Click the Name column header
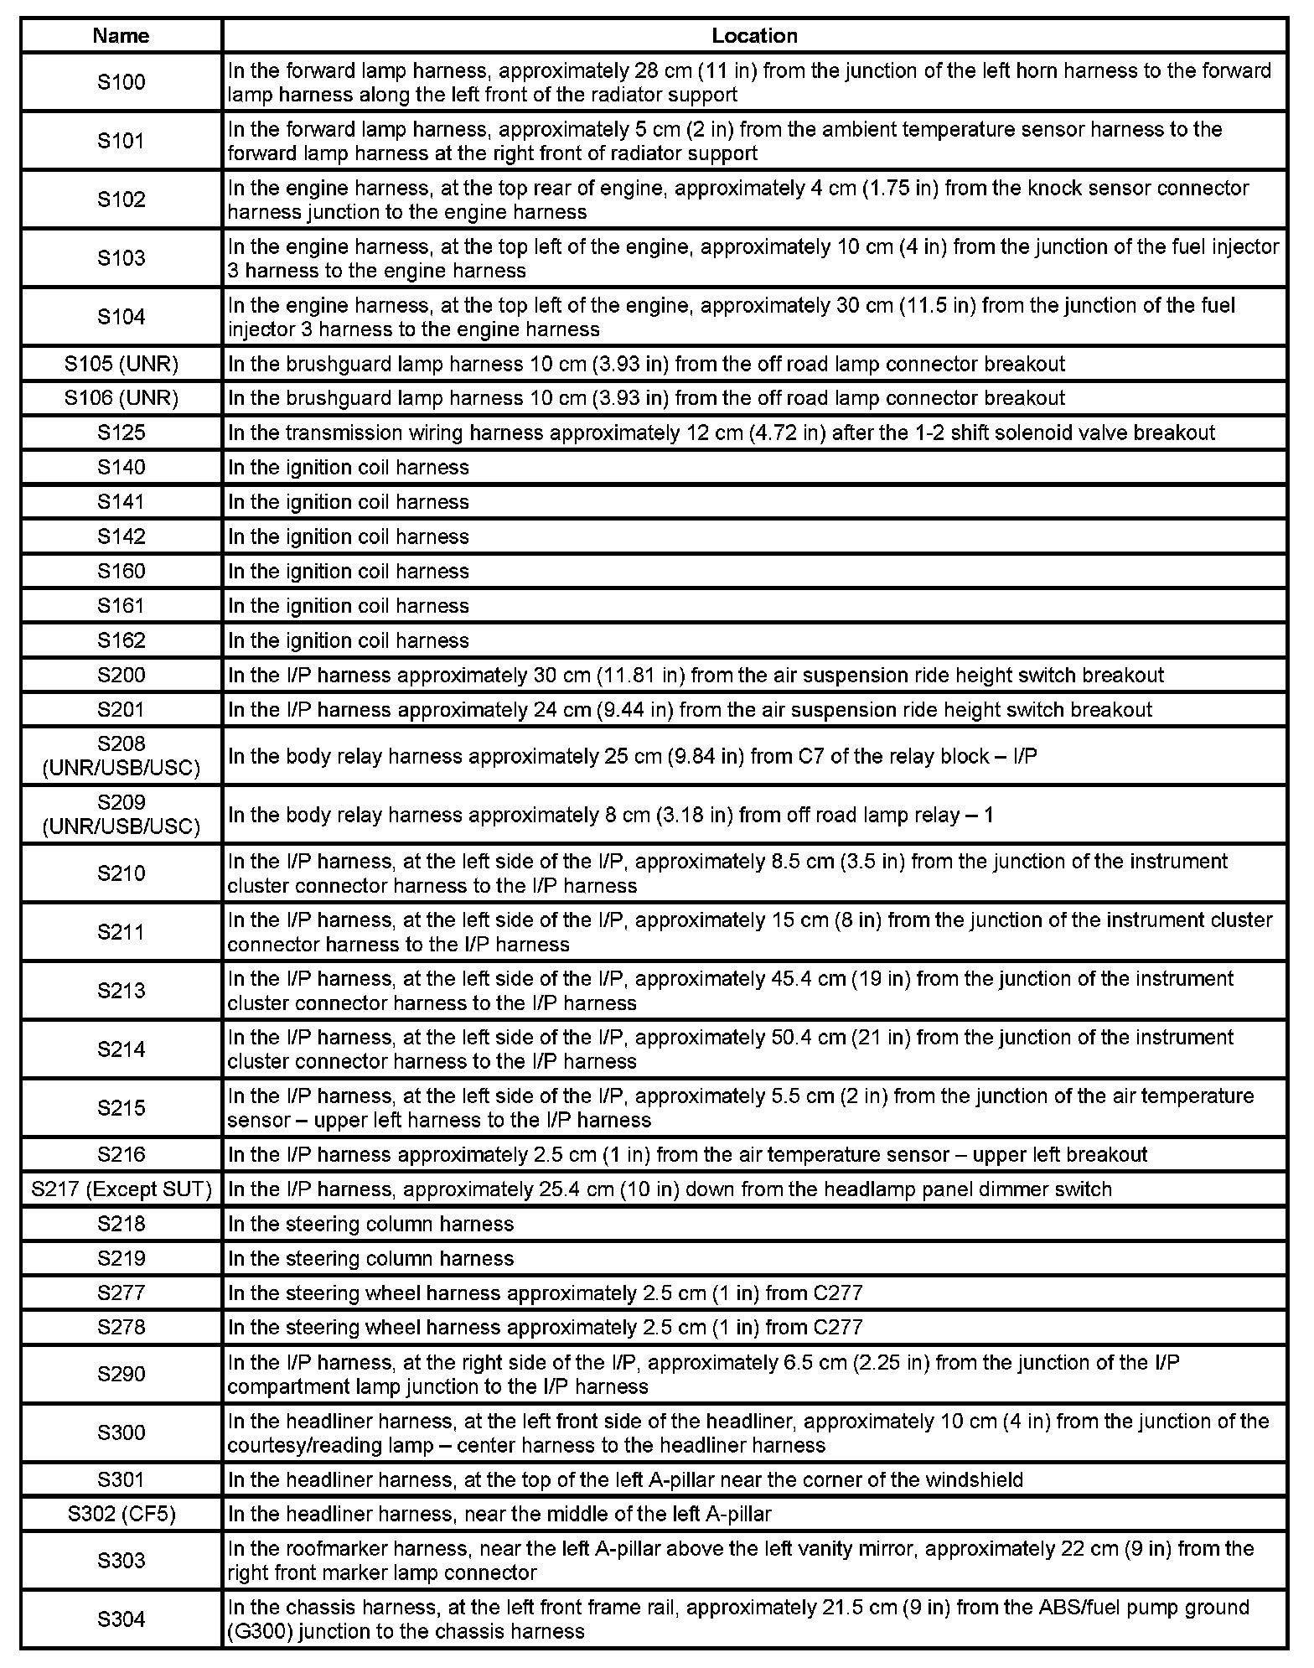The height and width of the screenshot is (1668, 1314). click(x=122, y=36)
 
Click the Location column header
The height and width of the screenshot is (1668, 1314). click(x=754, y=36)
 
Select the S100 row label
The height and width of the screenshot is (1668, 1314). click(x=122, y=82)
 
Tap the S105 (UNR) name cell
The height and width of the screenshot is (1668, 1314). click(x=122, y=364)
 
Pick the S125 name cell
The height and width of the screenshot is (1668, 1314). click(x=122, y=433)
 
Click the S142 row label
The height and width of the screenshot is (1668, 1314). click(x=122, y=536)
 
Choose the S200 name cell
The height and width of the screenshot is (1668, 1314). click(x=122, y=675)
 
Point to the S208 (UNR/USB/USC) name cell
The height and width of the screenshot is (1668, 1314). click(x=122, y=756)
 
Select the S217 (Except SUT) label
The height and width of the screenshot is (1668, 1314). click(x=122, y=1189)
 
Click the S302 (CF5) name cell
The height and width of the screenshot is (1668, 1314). click(x=122, y=1514)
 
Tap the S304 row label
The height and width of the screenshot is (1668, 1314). click(x=122, y=1619)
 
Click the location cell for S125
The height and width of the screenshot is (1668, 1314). click(x=721, y=433)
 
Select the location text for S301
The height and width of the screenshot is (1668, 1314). click(x=625, y=1479)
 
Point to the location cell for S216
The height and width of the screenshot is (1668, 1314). click(x=687, y=1154)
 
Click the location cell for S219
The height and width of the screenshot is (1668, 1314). click(x=370, y=1258)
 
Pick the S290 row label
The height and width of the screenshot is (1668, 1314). click(x=122, y=1374)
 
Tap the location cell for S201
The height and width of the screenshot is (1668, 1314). click(x=690, y=710)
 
